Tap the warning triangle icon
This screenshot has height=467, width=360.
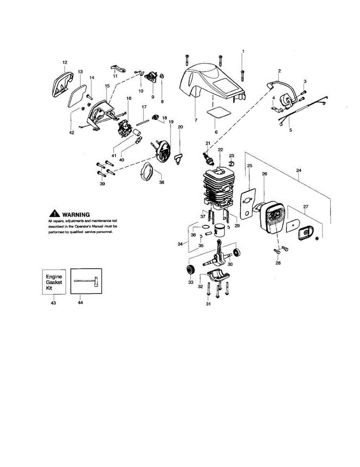pos(54,214)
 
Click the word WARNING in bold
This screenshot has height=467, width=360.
pos(76,214)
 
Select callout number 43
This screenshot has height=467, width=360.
pos(53,303)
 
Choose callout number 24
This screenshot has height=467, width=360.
pos(299,170)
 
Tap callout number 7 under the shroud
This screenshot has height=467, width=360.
pos(195,120)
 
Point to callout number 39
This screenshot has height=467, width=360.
pos(102,184)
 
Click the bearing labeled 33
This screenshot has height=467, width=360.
pos(190,269)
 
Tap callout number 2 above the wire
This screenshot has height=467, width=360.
pos(279,71)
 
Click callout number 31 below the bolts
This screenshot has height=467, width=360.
pos(208,304)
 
